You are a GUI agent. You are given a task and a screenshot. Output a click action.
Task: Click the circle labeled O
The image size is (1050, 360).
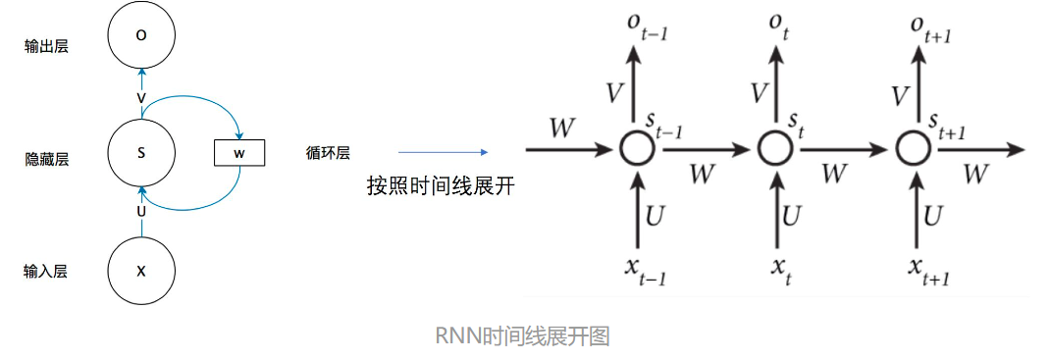pos(141,35)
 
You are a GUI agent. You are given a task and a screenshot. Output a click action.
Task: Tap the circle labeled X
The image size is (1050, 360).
pos(141,270)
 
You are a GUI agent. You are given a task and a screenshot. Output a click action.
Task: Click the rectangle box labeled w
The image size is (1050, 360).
pos(238,153)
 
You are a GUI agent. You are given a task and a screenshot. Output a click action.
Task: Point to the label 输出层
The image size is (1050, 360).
pos(46,46)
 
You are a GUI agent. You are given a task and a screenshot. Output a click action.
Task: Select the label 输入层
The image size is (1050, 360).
pos(46,271)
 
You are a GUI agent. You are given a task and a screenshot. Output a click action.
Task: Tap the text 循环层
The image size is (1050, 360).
pos(328,153)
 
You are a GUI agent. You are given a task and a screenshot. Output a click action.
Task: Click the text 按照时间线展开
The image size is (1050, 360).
pos(440,186)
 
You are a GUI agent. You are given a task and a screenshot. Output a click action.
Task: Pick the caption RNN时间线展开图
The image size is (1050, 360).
pos(522,336)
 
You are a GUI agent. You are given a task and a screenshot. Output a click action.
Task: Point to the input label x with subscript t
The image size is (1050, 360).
pos(780,274)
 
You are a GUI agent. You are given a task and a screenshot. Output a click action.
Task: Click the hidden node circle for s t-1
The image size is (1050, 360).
pos(638,150)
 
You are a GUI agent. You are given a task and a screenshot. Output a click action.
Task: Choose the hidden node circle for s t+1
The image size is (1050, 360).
pos(913,150)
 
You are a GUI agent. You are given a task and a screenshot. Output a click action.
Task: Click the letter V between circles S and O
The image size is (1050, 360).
pos(141,98)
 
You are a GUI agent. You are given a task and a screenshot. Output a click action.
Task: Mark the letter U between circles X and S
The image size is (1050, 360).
pos(141,210)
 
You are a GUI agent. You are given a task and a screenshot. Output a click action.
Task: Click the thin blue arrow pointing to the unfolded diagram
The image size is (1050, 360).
pos(442,152)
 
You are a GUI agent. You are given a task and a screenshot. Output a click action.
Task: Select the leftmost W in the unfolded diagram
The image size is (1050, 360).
pos(563,129)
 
